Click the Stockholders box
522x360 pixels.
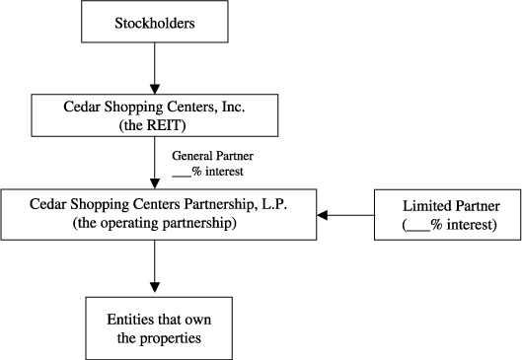154,22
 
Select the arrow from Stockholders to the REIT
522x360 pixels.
154,68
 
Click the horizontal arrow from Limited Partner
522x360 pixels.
345,215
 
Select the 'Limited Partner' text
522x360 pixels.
445,207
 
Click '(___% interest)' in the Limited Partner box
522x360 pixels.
445,225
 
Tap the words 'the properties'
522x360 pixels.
154,339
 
